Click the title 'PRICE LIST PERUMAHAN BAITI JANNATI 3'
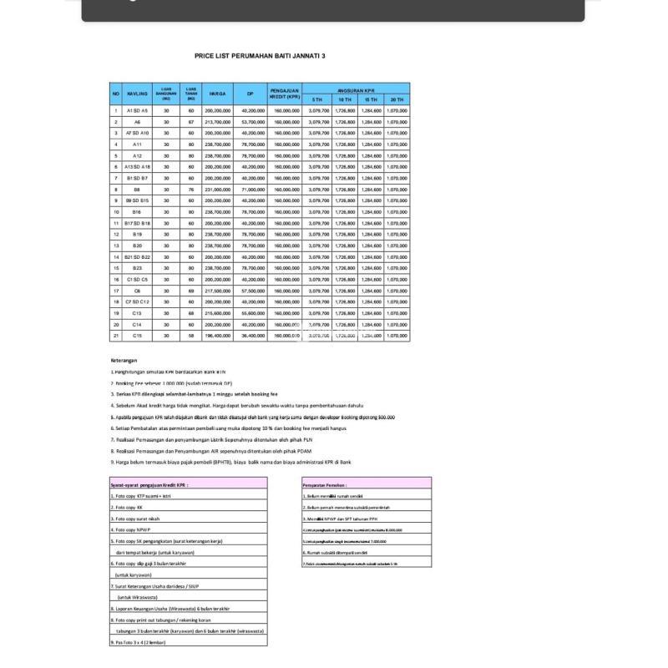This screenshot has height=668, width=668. [x=260, y=56]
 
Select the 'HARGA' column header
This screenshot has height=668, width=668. [x=216, y=94]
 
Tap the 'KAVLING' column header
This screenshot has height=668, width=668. [x=137, y=94]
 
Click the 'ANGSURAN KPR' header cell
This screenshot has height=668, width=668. [x=356, y=88]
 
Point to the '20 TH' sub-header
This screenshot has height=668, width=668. [x=397, y=99]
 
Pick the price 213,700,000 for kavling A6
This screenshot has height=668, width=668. [x=216, y=122]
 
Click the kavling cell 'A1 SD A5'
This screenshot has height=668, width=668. [x=137, y=110]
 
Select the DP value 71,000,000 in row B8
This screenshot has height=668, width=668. [x=253, y=189]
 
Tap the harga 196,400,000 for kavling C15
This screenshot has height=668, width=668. [x=216, y=335]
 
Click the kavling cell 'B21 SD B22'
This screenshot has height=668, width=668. [x=137, y=256]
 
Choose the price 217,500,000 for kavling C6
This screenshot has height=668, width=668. [x=216, y=290]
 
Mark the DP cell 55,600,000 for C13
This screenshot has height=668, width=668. [x=253, y=312]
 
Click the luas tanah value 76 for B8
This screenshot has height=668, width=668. [x=190, y=189]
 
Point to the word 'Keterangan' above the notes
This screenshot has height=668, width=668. [x=124, y=361]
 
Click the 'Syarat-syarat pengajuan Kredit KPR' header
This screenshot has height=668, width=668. [x=150, y=483]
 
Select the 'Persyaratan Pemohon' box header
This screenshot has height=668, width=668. [x=326, y=483]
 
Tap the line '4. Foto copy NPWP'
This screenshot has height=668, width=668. [x=134, y=529]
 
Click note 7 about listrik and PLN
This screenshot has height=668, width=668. [x=214, y=438]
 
